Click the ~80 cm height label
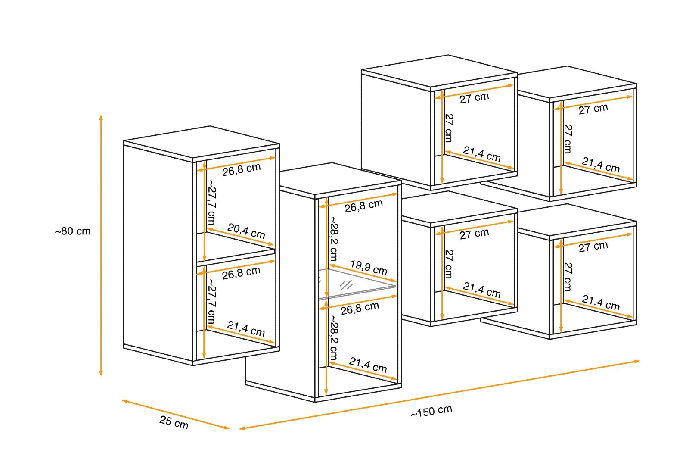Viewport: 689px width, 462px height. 73,231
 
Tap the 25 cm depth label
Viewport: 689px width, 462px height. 174,422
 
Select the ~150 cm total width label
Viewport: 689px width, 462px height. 431,411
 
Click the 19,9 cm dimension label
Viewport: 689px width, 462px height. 368,267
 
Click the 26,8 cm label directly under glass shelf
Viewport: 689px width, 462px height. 360,308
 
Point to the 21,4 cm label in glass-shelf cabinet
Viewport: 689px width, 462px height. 368,365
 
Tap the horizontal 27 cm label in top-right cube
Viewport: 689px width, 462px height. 593,109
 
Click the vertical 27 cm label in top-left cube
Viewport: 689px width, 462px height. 448,128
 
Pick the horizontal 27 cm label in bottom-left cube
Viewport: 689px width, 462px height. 474,234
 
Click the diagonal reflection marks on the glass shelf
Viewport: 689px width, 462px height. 346,285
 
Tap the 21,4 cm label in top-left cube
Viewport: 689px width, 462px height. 482,154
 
